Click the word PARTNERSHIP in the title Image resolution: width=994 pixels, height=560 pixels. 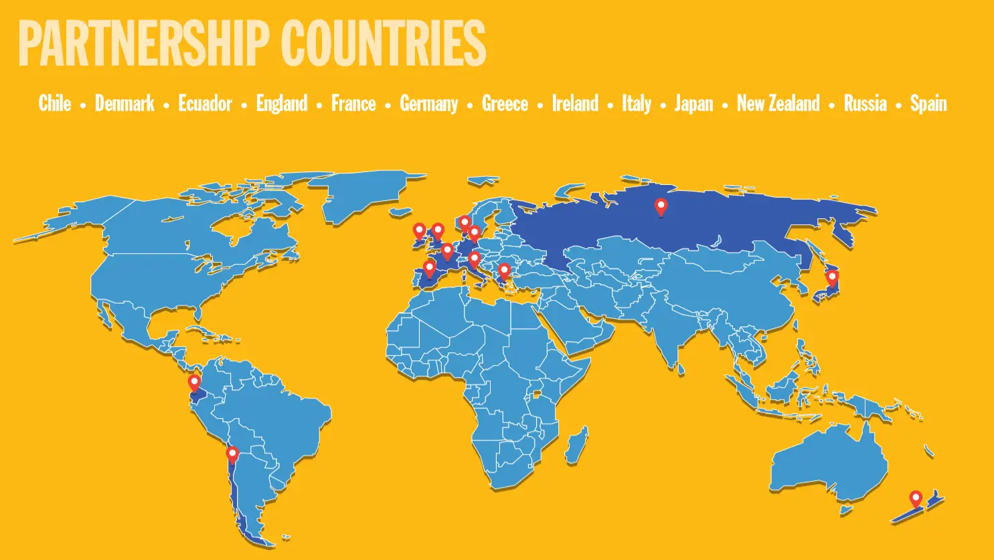[143, 44]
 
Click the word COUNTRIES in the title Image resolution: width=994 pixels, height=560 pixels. [383, 44]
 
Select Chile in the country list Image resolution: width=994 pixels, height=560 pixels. [55, 103]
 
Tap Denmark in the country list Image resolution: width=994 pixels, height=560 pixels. [125, 103]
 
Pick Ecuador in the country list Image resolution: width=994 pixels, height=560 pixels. [205, 103]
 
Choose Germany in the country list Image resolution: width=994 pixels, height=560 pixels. [428, 103]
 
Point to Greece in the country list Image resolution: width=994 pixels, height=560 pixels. [505, 103]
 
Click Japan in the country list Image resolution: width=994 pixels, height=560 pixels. [693, 103]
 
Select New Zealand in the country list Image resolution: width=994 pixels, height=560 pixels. [778, 103]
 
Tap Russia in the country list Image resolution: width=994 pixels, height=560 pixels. [865, 103]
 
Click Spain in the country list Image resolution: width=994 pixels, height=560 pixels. [928, 103]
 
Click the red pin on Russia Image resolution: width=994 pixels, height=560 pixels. [661, 206]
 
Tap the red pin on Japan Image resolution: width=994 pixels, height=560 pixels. [832, 277]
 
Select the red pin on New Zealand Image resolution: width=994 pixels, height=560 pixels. [915, 499]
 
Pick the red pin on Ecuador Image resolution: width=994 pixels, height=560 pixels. [194, 383]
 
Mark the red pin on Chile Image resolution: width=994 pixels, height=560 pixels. [232, 455]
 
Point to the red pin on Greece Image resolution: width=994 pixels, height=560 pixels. [504, 271]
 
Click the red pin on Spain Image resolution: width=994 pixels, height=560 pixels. [430, 269]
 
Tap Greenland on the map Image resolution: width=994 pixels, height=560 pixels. [361, 194]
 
